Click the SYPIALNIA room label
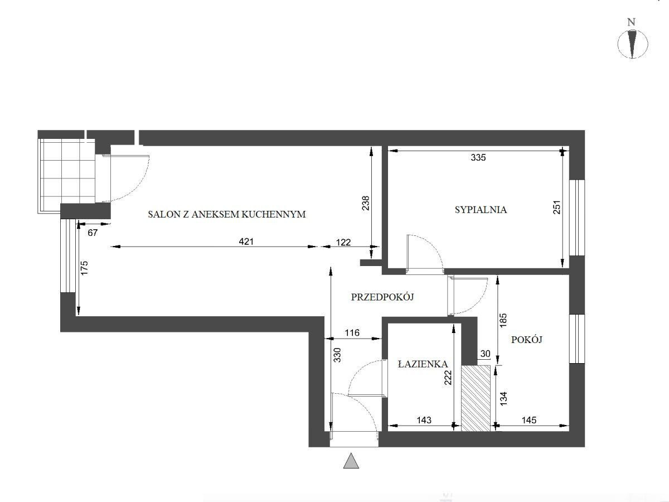tap(481, 210)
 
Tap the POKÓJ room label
tap(527, 340)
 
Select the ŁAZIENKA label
tap(423, 364)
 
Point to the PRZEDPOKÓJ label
tap(382, 297)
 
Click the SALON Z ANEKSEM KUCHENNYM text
tap(227, 214)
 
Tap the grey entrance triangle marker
tap(351, 461)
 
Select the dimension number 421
tap(246, 242)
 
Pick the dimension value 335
tap(478, 157)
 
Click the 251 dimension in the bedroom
tap(556, 207)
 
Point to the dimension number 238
tap(365, 203)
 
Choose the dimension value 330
tap(337, 355)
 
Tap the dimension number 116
tap(352, 332)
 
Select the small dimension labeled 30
tap(485, 354)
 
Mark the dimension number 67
tap(93, 233)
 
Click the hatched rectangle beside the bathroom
tap(476, 398)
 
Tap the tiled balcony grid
tap(66, 176)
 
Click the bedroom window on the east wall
tap(577, 218)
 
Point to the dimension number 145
tap(529, 420)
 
